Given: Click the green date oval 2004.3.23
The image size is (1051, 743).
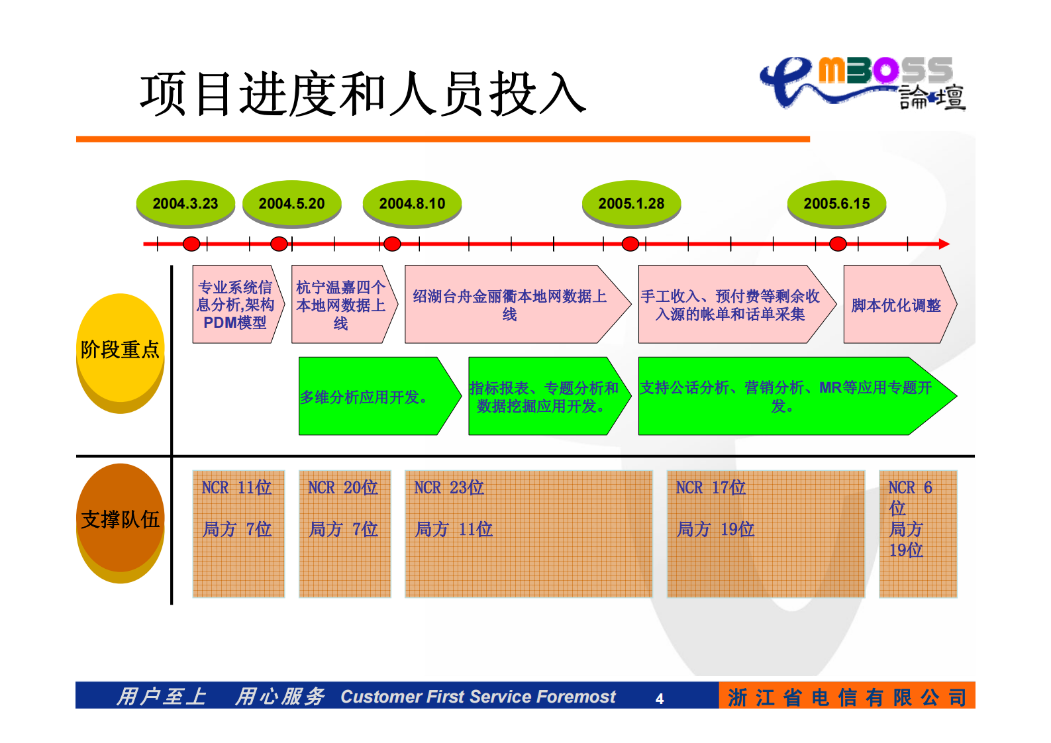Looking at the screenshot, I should pyautogui.click(x=185, y=203).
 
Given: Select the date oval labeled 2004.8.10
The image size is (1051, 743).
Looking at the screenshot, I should pyautogui.click(x=412, y=203).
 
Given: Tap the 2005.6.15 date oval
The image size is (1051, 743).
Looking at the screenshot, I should pyautogui.click(x=836, y=203).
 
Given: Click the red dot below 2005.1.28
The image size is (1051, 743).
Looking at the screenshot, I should pyautogui.click(x=630, y=244).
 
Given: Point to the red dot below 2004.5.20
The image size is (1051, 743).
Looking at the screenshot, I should pyautogui.click(x=279, y=244).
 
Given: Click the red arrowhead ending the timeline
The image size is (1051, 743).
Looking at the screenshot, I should pyautogui.click(x=944, y=244).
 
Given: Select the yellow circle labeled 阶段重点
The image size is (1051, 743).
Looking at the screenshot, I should pyautogui.click(x=120, y=349).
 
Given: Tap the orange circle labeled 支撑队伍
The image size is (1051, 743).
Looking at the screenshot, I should pyautogui.click(x=120, y=519).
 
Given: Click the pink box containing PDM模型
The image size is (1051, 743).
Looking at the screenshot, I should pyautogui.click(x=235, y=305).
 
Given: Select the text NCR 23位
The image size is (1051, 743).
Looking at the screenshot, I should pyautogui.click(x=448, y=488).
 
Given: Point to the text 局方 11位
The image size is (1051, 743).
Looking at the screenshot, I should pyautogui.click(x=454, y=529).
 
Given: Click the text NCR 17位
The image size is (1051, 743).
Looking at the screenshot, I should pyautogui.click(x=711, y=488).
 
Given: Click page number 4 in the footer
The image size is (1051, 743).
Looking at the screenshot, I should pyautogui.click(x=659, y=699).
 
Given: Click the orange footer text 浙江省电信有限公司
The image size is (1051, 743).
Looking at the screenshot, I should pyautogui.click(x=846, y=697).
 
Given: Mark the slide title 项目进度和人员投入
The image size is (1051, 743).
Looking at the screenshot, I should pyautogui.click(x=363, y=94).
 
